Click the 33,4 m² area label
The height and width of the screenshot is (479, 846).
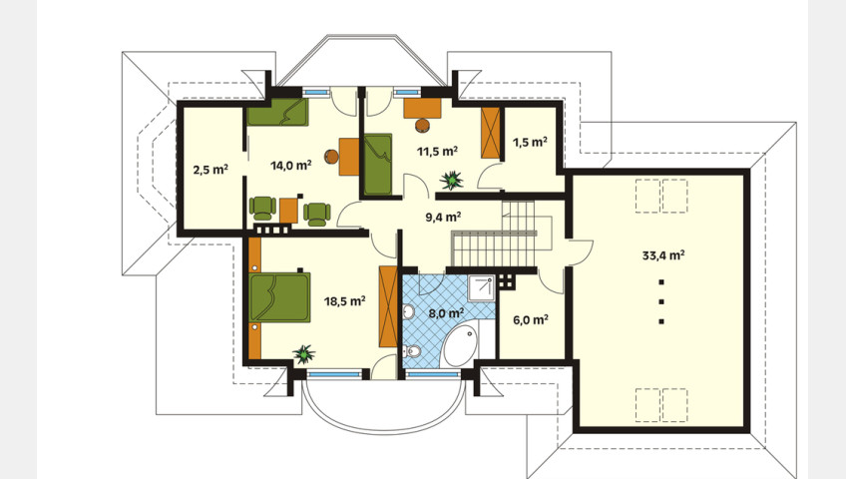[663, 255]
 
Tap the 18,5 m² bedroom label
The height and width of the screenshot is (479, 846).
[345, 301]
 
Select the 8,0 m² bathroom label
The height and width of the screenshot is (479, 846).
[447, 313]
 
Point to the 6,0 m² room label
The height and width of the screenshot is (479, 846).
[531, 320]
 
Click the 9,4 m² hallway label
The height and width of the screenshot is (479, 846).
[443, 218]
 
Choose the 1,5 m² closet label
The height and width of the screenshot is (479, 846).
[530, 142]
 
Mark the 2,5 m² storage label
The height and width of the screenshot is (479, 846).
[211, 170]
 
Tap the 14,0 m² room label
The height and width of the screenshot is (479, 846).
[291, 165]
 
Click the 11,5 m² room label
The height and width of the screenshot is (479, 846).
[437, 151]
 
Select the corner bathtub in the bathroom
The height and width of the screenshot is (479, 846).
[461, 346]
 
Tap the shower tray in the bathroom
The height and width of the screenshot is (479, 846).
[481, 288]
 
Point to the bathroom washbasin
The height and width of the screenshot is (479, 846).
[408, 311]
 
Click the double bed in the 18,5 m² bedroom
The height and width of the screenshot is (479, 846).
[279, 297]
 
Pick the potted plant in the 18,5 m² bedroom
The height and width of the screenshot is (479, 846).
[304, 354]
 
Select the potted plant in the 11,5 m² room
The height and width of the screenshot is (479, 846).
[451, 181]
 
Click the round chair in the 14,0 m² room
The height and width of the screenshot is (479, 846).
[331, 157]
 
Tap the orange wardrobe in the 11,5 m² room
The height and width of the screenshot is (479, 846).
[491, 133]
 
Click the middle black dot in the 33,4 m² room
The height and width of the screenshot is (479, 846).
[661, 301]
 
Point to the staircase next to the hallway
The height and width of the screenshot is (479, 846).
[494, 236]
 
